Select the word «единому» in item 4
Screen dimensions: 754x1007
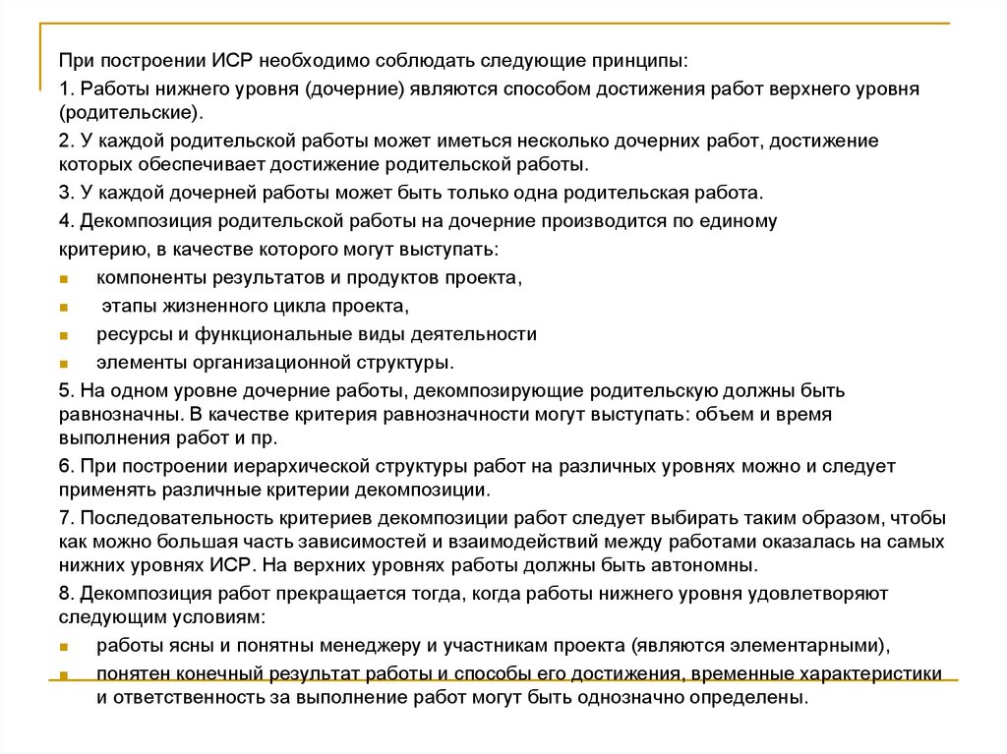(734, 221)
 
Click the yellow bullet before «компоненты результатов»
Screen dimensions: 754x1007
(62, 279)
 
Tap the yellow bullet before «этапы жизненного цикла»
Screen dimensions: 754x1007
(62, 308)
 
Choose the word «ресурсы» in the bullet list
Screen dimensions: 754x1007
(129, 334)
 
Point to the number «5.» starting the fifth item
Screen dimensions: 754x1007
(66, 391)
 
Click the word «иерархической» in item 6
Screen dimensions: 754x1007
(300, 466)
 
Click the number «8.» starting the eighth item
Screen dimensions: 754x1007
(66, 595)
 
